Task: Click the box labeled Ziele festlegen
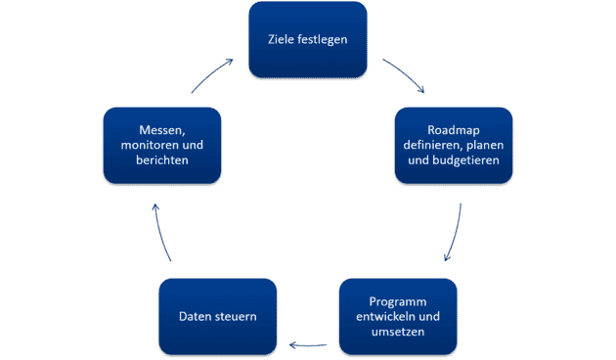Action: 308,40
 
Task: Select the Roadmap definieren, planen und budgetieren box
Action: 454,146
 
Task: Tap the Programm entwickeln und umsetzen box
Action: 398,317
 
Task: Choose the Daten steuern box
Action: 218,317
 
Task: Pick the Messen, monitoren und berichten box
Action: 162,146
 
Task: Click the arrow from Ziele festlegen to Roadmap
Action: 404,75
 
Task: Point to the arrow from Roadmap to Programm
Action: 453,235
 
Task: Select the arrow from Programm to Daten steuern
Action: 308,344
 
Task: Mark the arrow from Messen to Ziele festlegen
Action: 212,75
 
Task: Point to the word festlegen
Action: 324,40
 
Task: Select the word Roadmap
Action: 454,131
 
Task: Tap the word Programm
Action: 398,301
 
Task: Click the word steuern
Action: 236,317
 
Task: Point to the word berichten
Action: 162,160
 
